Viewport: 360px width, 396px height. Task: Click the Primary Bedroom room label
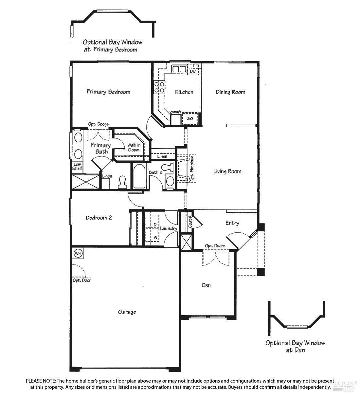[x=108, y=92]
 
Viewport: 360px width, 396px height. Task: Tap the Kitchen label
[x=184, y=92]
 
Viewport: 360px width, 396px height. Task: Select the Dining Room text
[x=230, y=92]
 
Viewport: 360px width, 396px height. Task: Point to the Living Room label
[x=227, y=171]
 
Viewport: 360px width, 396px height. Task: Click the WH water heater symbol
[x=78, y=253]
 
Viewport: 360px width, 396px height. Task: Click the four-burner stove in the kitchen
[x=159, y=87]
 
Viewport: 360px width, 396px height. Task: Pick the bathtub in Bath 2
[x=139, y=176]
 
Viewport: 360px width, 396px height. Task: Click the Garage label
[x=127, y=312]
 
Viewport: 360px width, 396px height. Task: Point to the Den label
[x=206, y=285]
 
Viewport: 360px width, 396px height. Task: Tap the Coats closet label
[x=190, y=222]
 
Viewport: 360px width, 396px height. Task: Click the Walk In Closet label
[x=134, y=148]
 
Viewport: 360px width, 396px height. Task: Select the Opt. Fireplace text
[x=192, y=169]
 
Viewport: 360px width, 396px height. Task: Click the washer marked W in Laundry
[x=153, y=237]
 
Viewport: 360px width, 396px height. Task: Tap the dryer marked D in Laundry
[x=153, y=222]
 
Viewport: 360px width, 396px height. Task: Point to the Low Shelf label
[x=77, y=166]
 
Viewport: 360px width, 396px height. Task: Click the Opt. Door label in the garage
[x=82, y=280]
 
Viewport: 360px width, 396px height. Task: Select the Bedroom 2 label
[x=99, y=218]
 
